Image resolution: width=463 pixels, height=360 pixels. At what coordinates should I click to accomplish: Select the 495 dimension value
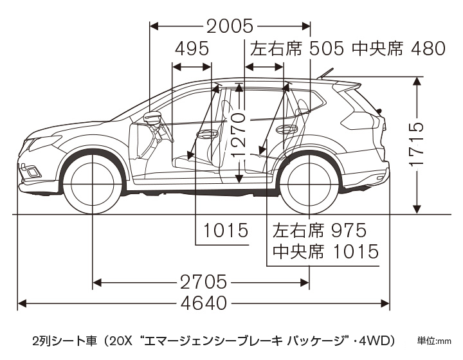[192, 50]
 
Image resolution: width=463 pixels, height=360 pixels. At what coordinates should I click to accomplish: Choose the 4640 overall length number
[203, 303]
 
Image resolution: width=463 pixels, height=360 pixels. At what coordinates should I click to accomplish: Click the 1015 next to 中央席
[353, 251]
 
